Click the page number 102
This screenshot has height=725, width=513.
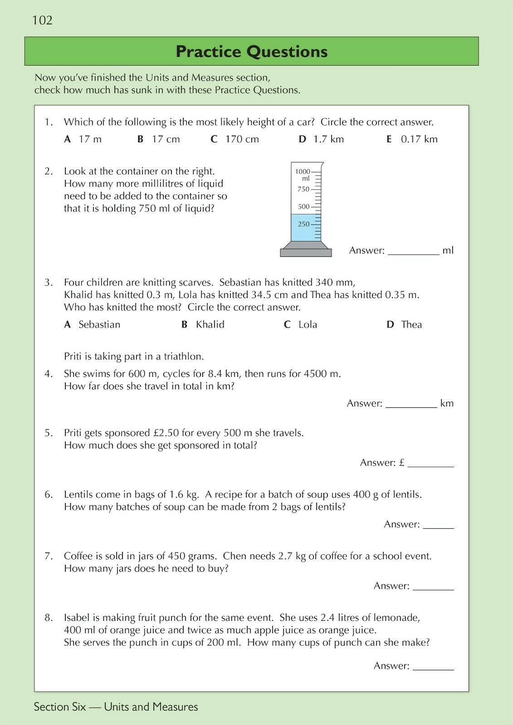point(42,20)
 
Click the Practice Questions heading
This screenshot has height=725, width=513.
point(251,52)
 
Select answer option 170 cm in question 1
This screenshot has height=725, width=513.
point(242,139)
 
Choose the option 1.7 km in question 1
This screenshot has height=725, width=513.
point(328,139)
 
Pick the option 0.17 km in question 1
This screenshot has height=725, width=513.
point(419,139)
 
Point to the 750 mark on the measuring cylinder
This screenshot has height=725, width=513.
point(303,189)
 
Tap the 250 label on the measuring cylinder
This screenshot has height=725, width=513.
point(303,224)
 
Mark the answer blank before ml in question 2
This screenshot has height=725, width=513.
point(413,251)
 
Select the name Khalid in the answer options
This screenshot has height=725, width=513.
point(210,324)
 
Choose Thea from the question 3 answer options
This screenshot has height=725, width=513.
point(411,324)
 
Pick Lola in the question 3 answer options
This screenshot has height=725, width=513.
point(308,324)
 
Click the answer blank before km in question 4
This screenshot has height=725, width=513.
point(411,404)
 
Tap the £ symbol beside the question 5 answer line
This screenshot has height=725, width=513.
point(401,463)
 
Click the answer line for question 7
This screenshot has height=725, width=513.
point(433,586)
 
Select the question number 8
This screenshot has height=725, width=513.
point(49,617)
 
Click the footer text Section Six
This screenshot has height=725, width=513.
point(59,707)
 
